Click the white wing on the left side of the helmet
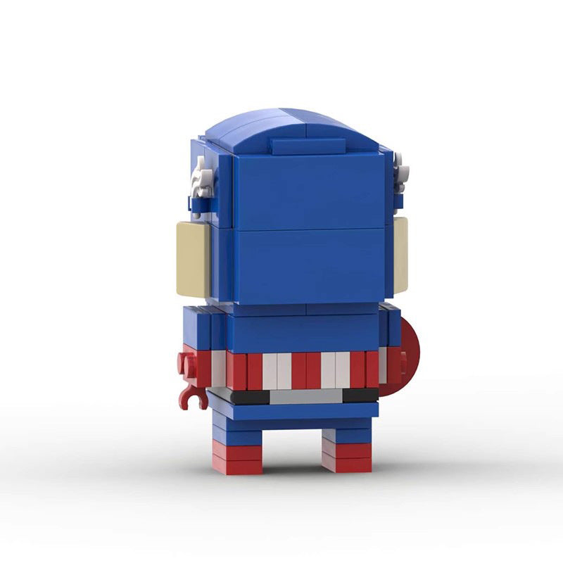[x=203, y=178]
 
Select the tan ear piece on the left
[x=192, y=258]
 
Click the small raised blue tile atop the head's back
[x=308, y=146]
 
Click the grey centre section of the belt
[x=306, y=396]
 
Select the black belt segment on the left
[x=250, y=398]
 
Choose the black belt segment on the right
[x=360, y=396]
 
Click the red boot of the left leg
[x=236, y=459]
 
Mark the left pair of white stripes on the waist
[x=277, y=371]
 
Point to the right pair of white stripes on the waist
[x=336, y=369]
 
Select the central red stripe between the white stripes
[x=306, y=370]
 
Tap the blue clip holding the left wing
[x=198, y=203]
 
